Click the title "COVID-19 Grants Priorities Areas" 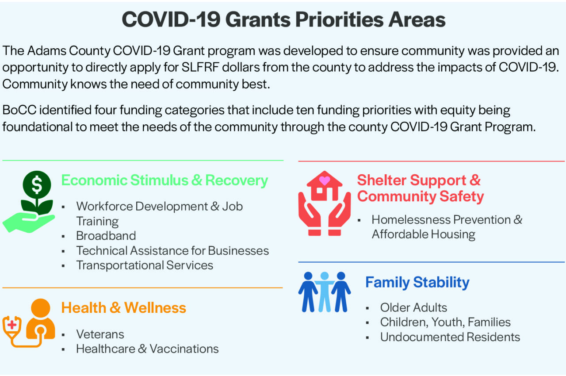[283, 19]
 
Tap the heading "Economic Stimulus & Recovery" [164, 180]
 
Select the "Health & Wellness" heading [123, 308]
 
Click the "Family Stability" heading [417, 282]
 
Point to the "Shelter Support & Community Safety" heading [421, 188]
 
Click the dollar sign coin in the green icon [37, 185]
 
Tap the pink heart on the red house [325, 180]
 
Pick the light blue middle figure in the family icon [325, 292]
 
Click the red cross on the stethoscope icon [12, 325]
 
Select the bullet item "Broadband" [106, 236]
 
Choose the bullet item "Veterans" [100, 334]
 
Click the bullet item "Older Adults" [413, 307]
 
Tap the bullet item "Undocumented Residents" [450, 337]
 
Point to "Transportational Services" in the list [145, 265]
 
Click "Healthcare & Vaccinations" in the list [147, 349]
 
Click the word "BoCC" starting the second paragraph [19, 110]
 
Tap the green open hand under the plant [28, 223]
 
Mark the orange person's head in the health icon [40, 308]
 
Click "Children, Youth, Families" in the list [445, 322]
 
